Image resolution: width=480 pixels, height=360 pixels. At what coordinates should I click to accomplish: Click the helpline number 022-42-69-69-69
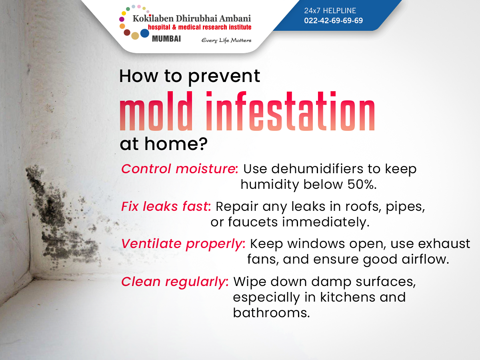click(333, 20)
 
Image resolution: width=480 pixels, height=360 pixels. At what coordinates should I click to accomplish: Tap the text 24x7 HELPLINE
click(330, 10)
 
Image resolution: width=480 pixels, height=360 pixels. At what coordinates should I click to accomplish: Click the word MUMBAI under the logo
click(166, 39)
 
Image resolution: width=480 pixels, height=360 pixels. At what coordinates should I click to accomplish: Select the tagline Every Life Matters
click(226, 40)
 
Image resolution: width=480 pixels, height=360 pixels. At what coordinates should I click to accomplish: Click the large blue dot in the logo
click(144, 33)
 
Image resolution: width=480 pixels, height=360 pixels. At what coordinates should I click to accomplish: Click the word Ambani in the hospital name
click(235, 18)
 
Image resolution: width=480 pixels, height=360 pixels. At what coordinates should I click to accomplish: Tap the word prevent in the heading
click(224, 77)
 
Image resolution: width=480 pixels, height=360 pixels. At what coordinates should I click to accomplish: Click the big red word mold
click(156, 111)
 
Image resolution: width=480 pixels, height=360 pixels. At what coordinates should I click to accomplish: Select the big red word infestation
click(290, 111)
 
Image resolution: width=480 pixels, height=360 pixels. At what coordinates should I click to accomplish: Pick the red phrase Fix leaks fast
click(166, 206)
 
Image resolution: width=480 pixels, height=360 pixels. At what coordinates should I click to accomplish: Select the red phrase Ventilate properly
click(183, 244)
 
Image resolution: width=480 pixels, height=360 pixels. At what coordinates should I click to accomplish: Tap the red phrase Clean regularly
click(175, 282)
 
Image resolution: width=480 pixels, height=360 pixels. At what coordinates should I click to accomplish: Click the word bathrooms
click(271, 312)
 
